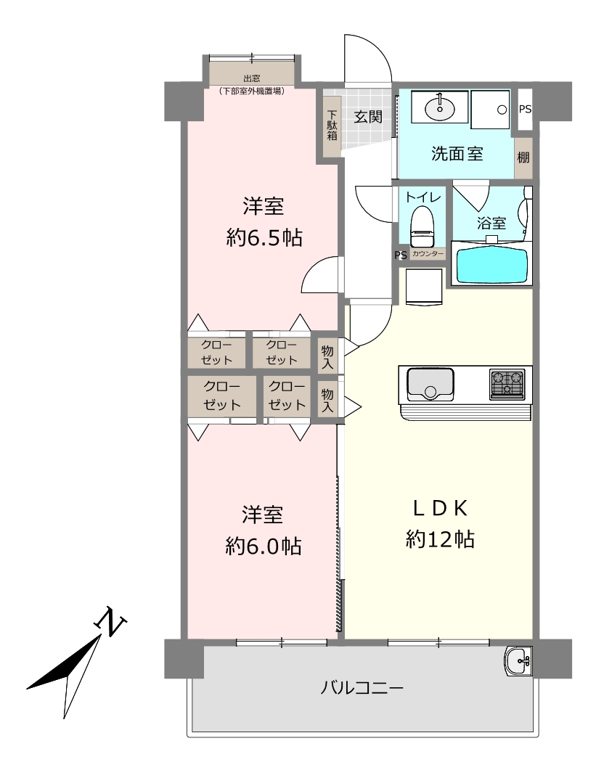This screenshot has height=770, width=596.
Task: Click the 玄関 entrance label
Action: (368, 117)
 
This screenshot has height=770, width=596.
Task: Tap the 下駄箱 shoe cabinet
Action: (332, 126)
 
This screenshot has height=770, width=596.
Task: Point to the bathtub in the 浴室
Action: (492, 266)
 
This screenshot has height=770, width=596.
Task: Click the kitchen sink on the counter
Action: (430, 385)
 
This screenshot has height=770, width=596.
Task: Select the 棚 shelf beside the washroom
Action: (523, 158)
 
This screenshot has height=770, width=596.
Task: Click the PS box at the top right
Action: (525, 110)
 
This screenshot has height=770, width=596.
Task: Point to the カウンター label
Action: (428, 254)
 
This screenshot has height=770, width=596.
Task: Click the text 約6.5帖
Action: (264, 238)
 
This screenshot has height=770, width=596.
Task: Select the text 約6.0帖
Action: (264, 546)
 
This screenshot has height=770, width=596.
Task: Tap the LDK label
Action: (440, 508)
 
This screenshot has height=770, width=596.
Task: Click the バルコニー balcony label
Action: (362, 687)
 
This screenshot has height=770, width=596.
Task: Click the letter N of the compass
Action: (110, 623)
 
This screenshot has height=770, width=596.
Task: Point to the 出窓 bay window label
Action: (252, 78)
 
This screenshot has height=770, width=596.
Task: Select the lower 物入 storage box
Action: (327, 400)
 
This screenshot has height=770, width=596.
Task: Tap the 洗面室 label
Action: (457, 154)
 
